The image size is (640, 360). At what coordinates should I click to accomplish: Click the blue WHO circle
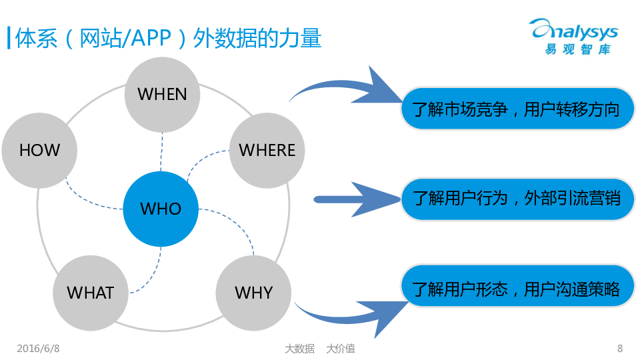(161, 209)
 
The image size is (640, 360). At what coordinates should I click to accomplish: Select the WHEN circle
(162, 95)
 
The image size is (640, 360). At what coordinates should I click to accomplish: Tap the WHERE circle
(267, 151)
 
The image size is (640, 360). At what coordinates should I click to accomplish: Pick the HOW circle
(39, 151)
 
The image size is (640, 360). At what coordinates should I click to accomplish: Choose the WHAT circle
(91, 293)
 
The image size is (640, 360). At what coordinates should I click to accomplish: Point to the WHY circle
(253, 293)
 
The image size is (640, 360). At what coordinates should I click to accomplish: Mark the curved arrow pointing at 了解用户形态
(350, 313)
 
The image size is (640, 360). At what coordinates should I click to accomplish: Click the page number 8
(620, 348)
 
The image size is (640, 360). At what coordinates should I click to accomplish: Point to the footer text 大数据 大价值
(319, 348)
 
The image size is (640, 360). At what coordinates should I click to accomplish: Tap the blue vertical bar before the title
(8, 38)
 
